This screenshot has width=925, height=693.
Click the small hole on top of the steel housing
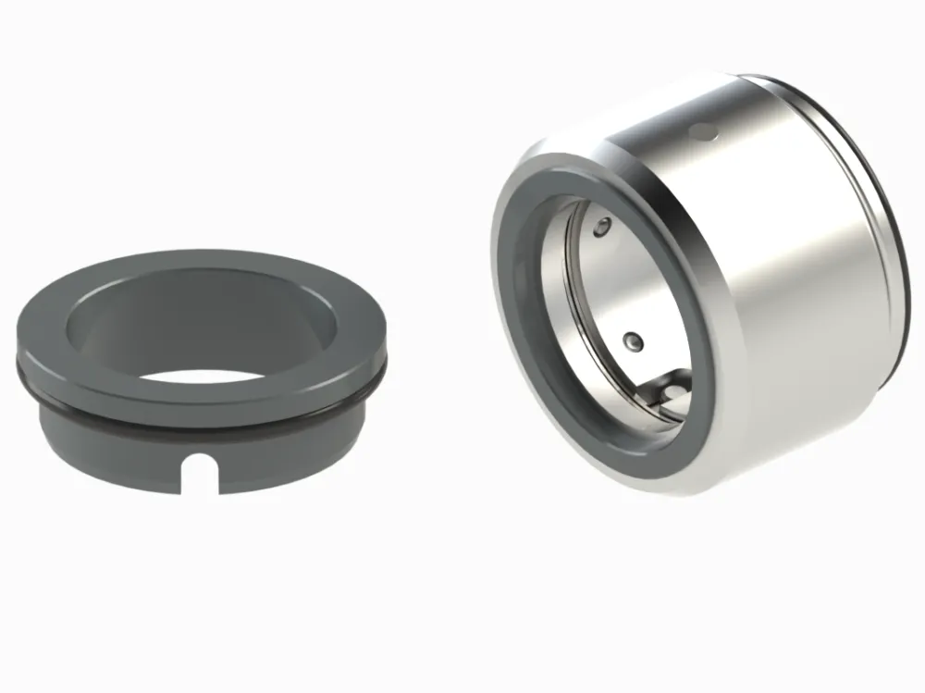(x=705, y=133)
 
